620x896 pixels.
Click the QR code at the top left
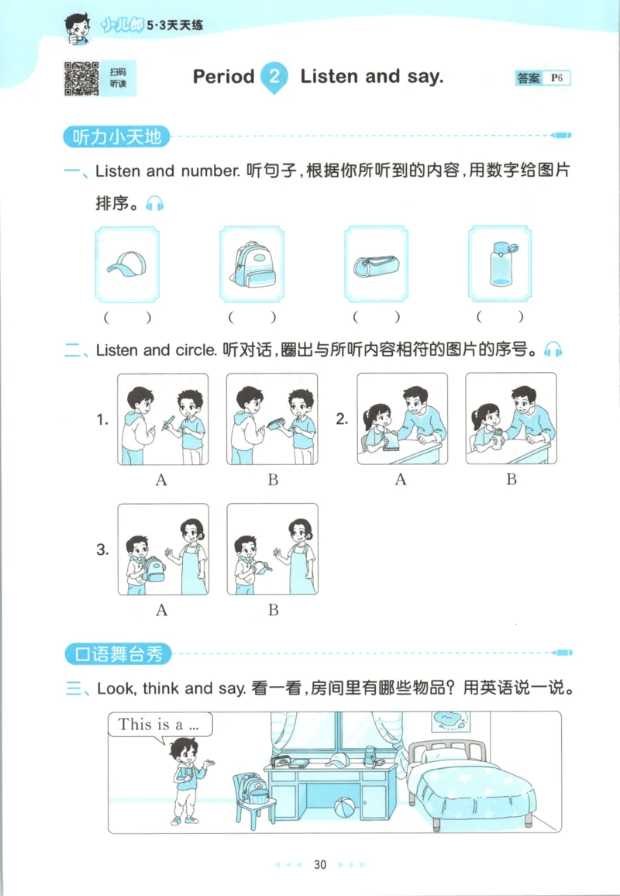point(81,78)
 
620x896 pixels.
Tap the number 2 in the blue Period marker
point(274,76)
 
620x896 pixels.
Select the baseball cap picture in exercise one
point(126,265)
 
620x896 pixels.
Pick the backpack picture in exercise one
point(251,265)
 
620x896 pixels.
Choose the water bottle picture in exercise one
point(500,264)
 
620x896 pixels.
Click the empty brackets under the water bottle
point(500,316)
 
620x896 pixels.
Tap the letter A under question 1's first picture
point(161,480)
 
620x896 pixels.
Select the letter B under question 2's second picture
point(511,479)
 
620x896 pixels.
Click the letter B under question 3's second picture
point(273,610)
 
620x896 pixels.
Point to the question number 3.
point(102,550)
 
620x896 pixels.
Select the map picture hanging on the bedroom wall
point(449,721)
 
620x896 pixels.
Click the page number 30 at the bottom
point(321,864)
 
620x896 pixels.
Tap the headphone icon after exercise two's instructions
point(553,350)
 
